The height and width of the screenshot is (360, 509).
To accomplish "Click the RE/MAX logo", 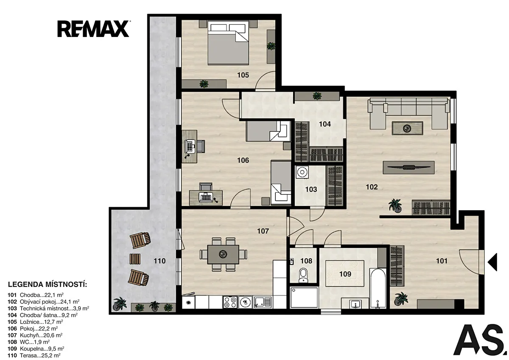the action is coord(93,29).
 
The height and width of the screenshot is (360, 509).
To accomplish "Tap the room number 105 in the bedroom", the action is coord(243,75).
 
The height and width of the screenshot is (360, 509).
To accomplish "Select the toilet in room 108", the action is coord(303,275).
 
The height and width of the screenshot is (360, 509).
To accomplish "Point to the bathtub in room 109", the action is coord(378,288).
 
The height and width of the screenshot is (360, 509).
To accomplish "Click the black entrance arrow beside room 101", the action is coord(492,262).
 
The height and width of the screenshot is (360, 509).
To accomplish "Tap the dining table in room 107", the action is coord(223,254).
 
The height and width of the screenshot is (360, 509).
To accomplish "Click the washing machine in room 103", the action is coord(302,172).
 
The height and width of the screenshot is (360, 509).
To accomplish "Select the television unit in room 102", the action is coord(408,168).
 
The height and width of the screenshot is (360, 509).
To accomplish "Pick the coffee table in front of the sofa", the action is coord(408,128).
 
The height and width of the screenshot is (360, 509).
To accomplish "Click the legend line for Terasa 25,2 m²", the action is coord(34,355).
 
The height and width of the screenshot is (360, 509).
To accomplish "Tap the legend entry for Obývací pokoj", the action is coord(44,302).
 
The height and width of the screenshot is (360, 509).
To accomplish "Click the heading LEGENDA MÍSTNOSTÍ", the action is coord(48,284).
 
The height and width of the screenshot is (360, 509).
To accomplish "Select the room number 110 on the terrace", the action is coord(159,261).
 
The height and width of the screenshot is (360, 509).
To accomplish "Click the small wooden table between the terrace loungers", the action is coord(135,259).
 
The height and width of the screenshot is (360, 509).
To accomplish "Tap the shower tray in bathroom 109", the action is coord(304,298).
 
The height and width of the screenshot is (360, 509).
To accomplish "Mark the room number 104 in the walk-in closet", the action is coord(325,124).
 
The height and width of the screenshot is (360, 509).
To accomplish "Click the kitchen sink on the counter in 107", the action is coord(263,302).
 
